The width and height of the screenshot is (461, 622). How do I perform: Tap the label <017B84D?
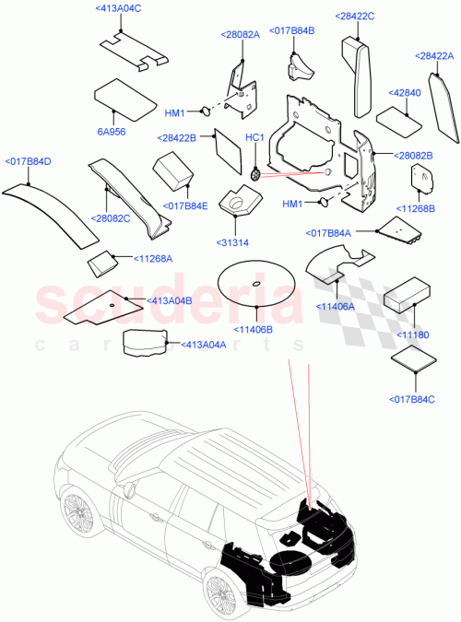tap(29, 161)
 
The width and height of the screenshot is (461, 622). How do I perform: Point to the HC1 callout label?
tap(255, 138)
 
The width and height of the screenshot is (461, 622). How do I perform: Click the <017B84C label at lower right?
tap(413, 398)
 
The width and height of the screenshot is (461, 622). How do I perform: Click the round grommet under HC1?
tap(256, 172)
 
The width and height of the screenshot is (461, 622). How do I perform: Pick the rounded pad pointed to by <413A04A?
tap(145, 341)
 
